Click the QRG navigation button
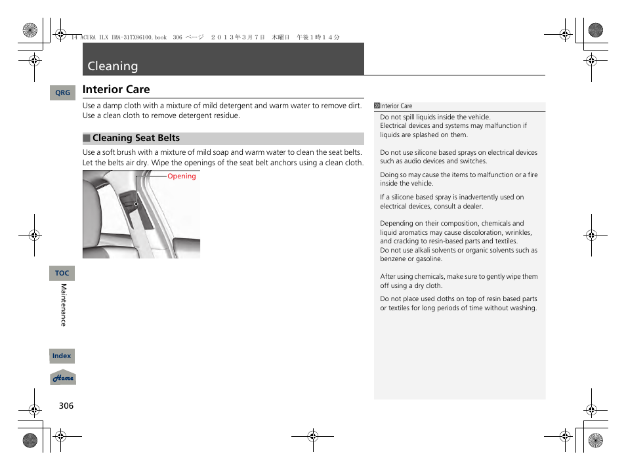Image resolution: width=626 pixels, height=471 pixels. tap(62, 93)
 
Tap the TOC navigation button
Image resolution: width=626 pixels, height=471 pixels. tap(62, 273)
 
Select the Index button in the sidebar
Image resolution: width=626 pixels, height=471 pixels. tap(62, 356)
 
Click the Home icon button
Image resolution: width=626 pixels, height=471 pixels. tap(63, 378)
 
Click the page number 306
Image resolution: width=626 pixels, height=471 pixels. tap(66, 406)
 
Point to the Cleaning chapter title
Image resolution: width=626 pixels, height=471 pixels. tap(113, 66)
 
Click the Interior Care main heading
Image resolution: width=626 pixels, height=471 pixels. tap(116, 89)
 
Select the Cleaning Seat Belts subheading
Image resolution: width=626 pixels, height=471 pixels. tap(136, 138)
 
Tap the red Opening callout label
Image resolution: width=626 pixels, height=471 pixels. tap(182, 176)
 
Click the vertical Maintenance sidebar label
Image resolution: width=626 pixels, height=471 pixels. tap(64, 305)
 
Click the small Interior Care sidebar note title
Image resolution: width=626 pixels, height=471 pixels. tap(396, 106)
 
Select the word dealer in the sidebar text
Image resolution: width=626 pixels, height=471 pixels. tap(472, 206)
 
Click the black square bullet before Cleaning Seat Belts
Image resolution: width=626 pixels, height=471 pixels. tap(86, 138)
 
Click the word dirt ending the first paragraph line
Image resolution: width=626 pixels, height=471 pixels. tap(354, 106)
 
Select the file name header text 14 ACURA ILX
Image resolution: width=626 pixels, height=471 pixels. tap(112, 38)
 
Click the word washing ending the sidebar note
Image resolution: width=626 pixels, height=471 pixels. tap(523, 308)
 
